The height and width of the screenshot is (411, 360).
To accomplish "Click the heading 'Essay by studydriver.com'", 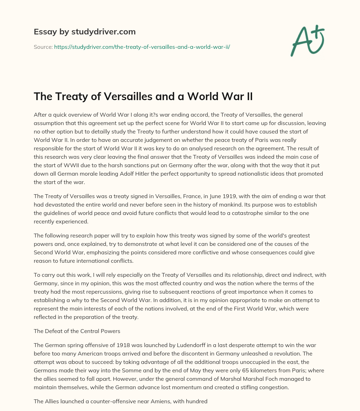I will coord(84,32).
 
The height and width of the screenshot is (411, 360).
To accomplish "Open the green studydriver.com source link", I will coord(142,46).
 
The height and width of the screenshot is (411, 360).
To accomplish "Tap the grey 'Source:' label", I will coord(43,46).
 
